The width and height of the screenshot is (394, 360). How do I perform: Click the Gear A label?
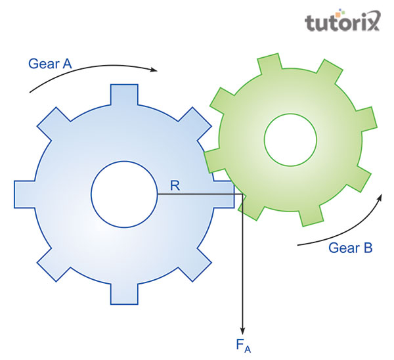pyautogui.click(x=49, y=64)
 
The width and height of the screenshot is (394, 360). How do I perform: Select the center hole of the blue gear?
pyautogui.click(x=123, y=194)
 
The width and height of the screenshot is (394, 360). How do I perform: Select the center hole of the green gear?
pyautogui.click(x=290, y=139)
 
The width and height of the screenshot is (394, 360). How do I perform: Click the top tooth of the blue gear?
pyautogui.click(x=124, y=95)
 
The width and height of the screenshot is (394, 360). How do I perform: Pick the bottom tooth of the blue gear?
pyautogui.click(x=124, y=294)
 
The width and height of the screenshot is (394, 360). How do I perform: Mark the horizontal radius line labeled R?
pyautogui.click(x=197, y=194)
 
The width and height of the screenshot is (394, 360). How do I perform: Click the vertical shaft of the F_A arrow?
pyautogui.click(x=244, y=263)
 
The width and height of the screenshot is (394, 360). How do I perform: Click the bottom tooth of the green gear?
pyautogui.click(x=310, y=216)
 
